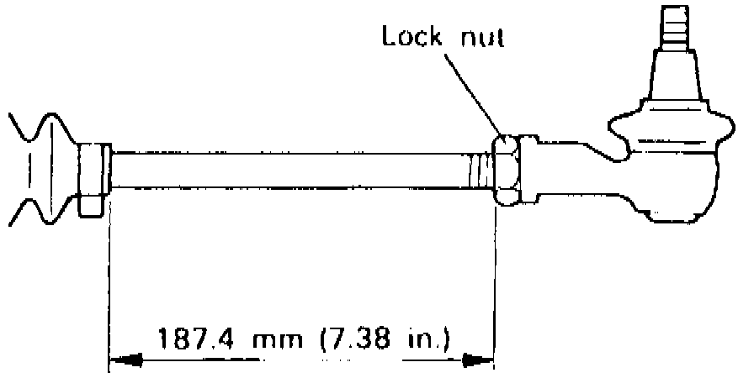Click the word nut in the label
(x=482, y=38)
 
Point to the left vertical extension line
(x=109, y=277)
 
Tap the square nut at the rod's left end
(x=91, y=178)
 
